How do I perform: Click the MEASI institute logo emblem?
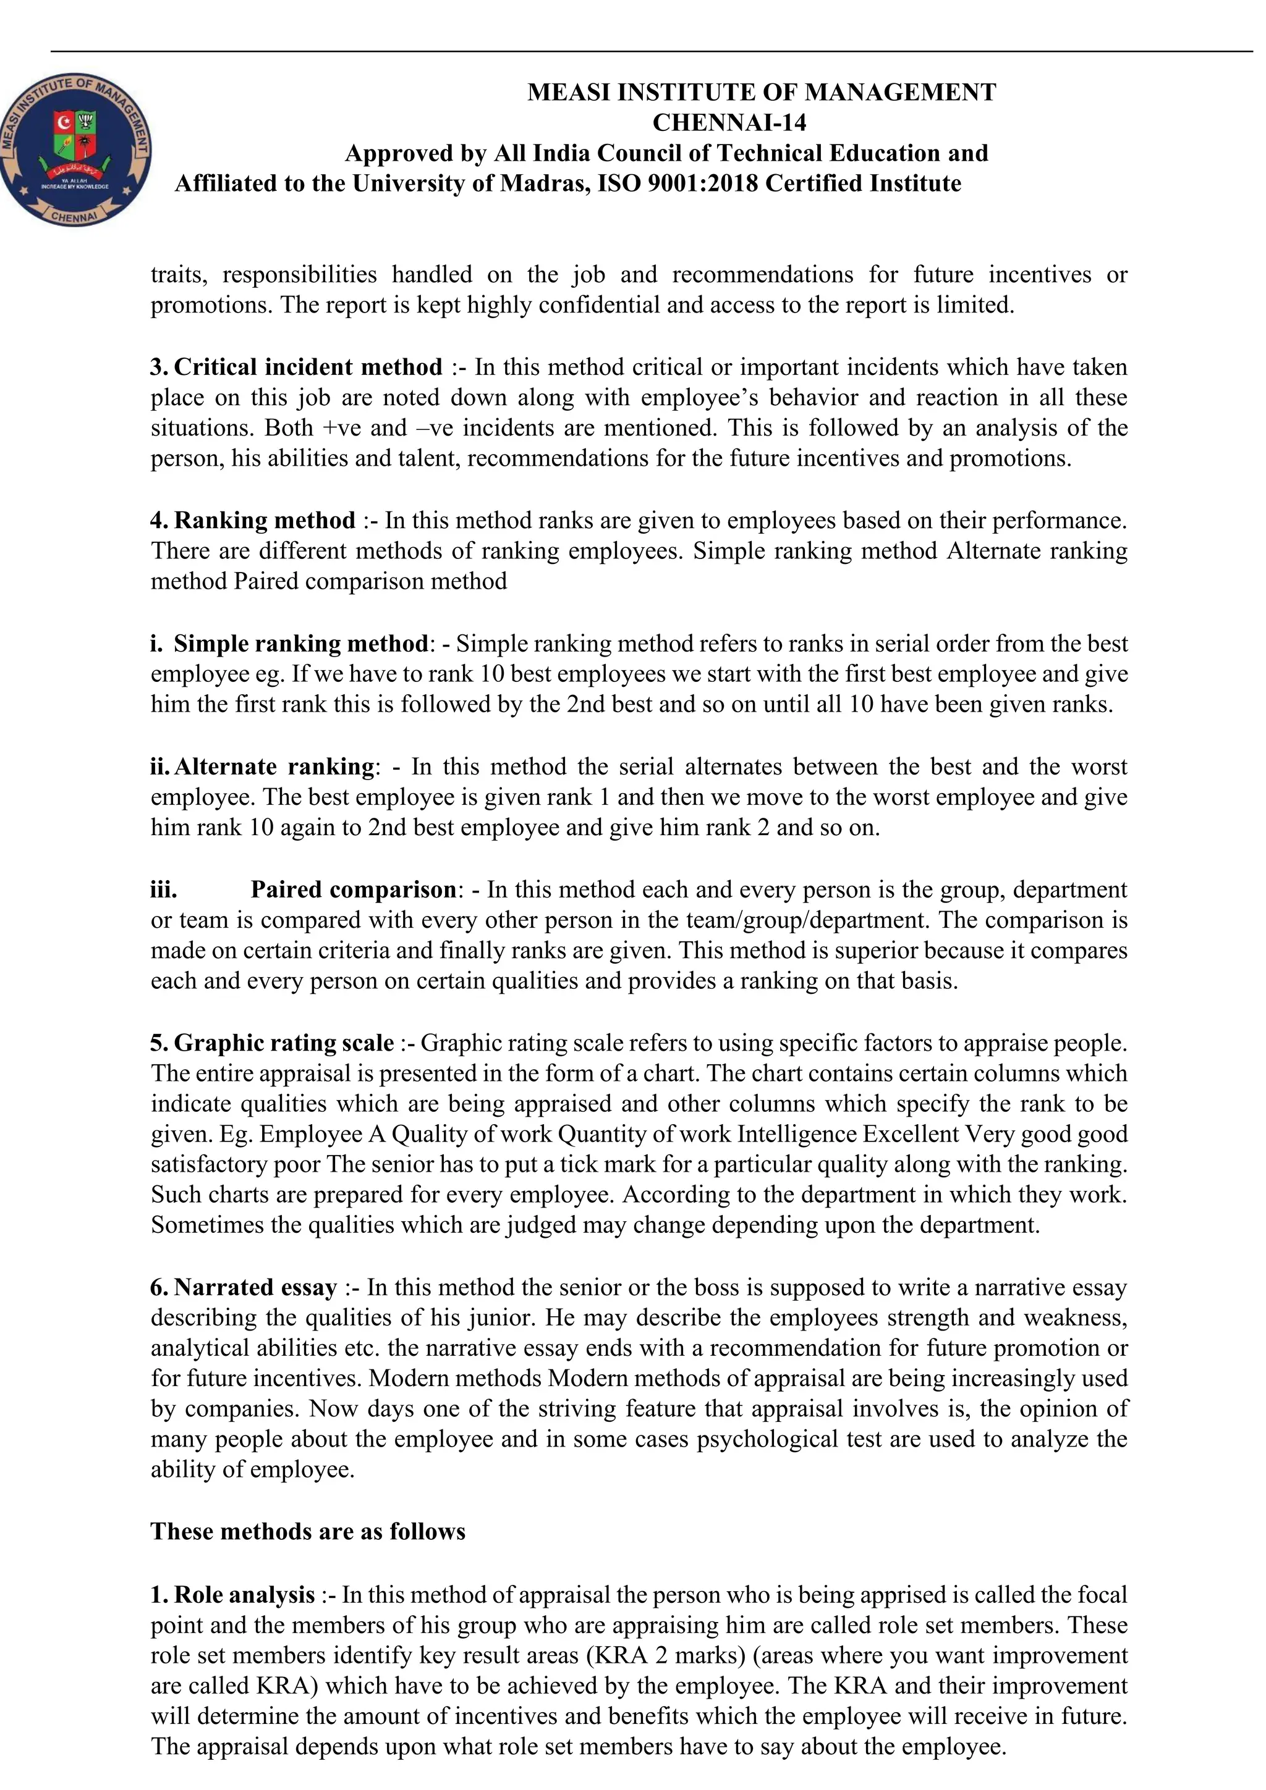(75, 151)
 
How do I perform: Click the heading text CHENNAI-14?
(729, 122)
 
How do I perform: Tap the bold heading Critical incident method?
(307, 367)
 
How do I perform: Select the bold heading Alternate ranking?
(274, 767)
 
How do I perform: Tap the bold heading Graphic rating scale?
(283, 1043)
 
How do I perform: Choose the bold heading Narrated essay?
(255, 1287)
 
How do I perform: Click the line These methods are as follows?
(307, 1532)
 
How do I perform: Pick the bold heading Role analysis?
(244, 1594)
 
